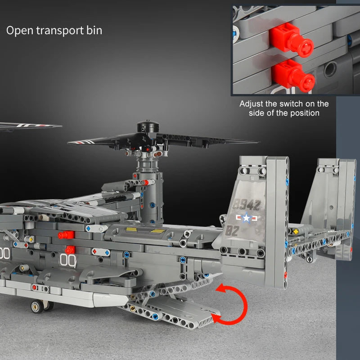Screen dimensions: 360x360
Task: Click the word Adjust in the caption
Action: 251,104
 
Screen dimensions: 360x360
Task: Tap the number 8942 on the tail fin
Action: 247,205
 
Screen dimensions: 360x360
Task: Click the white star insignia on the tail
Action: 247,218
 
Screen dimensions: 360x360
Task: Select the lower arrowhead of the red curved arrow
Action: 217,319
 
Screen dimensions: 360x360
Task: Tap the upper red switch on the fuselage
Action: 66,235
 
